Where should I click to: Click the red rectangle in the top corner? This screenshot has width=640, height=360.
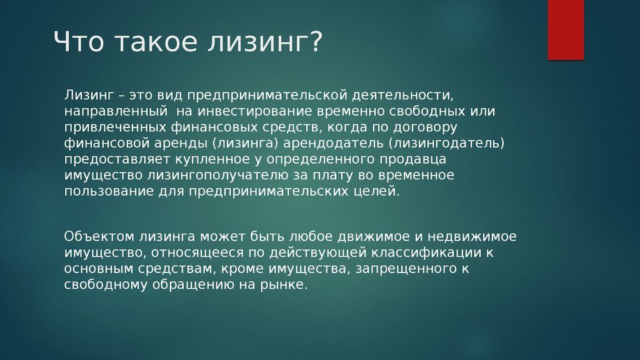[566, 29]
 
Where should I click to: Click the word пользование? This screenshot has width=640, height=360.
[104, 191]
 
